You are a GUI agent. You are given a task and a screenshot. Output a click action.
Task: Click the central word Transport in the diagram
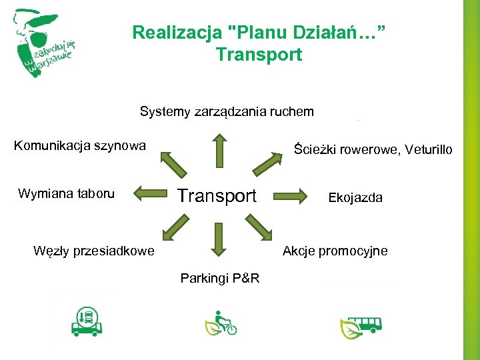pos(217,195)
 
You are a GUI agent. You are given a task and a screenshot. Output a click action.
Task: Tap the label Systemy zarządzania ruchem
pos(226,111)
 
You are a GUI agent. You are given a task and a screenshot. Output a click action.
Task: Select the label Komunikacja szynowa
pos(79,145)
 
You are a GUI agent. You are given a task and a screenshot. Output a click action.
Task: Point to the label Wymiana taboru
pos(66,194)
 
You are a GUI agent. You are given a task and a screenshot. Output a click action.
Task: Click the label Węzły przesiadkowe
pos(93,251)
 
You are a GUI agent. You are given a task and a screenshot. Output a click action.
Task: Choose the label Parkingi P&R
pos(220,277)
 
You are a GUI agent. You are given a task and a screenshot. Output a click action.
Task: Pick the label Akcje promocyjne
pos(335,251)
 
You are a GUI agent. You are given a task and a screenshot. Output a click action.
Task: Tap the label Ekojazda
pos(355,197)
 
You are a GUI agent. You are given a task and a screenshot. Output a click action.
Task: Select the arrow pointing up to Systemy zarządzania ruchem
pos(217,149)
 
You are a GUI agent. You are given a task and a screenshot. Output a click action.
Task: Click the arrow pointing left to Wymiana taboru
pos(150,195)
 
